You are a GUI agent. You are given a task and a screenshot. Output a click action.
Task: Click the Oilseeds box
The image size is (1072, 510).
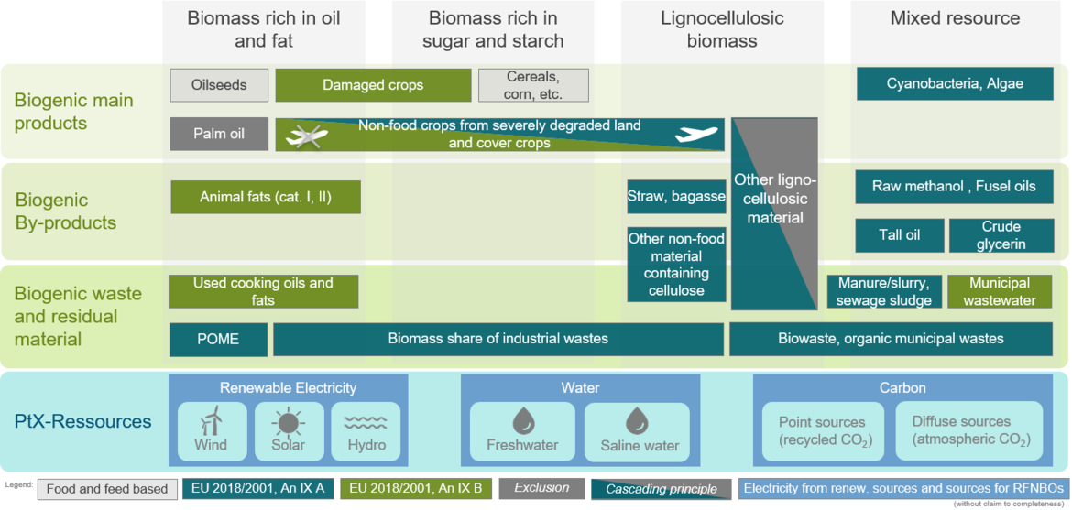[x=219, y=85]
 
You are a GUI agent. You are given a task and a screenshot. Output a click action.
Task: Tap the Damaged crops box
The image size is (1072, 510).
[x=373, y=85]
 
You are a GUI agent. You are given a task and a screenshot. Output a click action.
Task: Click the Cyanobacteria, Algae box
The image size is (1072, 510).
[x=955, y=84]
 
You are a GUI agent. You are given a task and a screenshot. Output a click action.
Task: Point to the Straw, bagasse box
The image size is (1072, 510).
[x=676, y=197]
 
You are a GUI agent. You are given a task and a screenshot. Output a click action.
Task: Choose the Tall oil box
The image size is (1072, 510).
[x=900, y=235]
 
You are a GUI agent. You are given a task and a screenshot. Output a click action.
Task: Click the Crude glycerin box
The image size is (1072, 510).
[x=1001, y=235]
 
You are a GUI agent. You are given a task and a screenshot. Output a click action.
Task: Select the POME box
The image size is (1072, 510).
[x=218, y=340]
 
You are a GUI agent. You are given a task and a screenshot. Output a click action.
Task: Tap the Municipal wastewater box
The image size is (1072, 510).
[x=1000, y=291]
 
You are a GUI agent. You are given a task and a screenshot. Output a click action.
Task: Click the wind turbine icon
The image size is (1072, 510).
[x=212, y=420]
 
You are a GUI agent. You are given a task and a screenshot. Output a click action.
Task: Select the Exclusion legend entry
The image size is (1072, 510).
[x=541, y=488]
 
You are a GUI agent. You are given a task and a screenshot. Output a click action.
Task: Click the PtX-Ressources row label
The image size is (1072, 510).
[x=82, y=421]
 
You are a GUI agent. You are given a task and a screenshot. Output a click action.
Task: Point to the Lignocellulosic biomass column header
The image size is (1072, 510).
[x=709, y=29]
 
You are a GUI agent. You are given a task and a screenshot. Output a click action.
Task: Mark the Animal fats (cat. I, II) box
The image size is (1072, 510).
[x=266, y=197]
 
